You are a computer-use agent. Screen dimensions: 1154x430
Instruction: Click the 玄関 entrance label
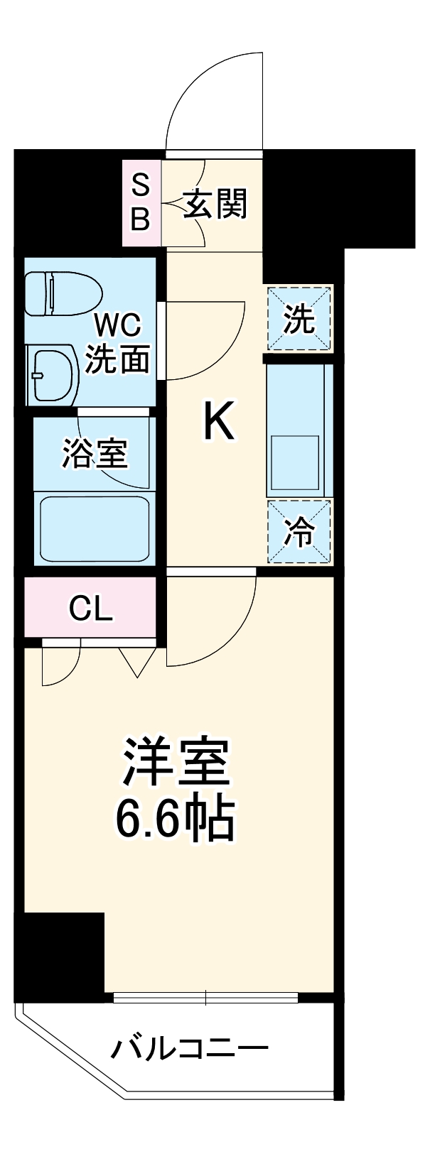216,205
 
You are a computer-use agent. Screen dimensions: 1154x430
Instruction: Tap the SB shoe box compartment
141,204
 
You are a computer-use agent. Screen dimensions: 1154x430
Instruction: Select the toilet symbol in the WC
63,293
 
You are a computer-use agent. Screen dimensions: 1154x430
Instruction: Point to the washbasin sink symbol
54,374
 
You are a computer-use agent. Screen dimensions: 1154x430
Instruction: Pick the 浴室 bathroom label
95,453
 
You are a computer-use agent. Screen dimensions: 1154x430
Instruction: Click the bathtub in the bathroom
94,528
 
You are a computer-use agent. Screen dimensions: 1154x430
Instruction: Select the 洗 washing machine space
299,319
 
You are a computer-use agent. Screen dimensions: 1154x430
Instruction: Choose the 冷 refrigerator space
299,531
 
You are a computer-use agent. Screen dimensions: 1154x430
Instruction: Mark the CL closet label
90,608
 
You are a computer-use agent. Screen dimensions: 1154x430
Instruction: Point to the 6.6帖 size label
176,820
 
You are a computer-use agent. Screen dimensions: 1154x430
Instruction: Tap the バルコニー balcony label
190,1049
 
